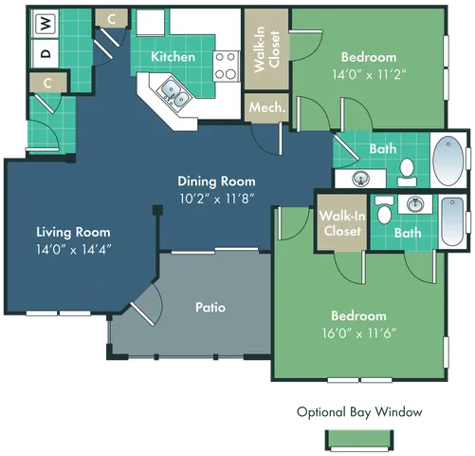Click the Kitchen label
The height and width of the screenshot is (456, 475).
174,57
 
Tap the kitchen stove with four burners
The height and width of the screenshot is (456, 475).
226,64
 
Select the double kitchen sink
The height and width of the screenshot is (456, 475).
174,91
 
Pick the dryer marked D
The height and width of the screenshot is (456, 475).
45,54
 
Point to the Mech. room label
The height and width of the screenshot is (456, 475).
266,107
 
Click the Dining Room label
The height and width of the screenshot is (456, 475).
216,180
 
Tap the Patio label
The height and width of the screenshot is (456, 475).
210,307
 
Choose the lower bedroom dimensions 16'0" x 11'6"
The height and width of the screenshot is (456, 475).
358,333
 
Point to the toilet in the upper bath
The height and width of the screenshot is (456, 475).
407,171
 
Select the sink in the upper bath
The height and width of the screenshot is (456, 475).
361,178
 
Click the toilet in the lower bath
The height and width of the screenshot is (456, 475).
384,211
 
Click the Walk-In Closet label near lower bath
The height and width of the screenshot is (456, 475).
340,223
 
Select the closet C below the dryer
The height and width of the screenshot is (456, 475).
46,83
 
